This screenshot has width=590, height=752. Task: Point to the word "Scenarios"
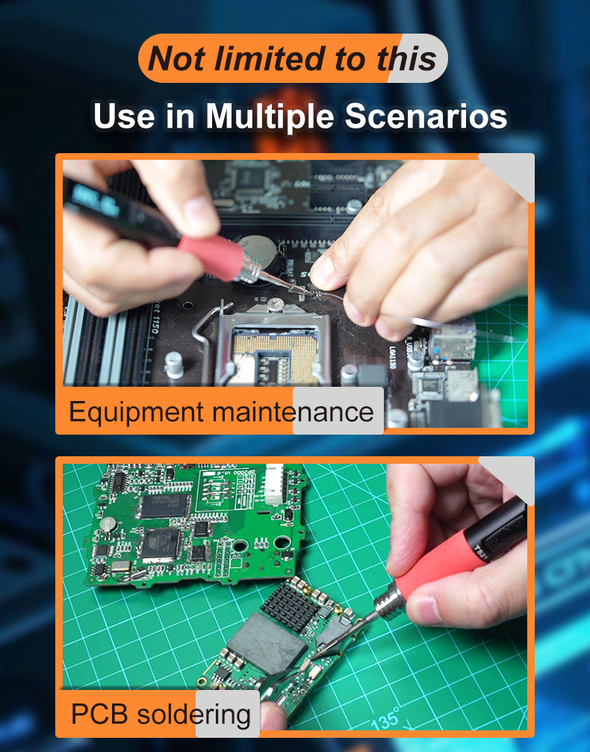coord(426,116)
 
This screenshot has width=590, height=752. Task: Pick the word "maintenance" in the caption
coord(293,412)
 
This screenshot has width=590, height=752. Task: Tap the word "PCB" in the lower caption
coord(99,714)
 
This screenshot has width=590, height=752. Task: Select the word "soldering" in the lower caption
coord(193,715)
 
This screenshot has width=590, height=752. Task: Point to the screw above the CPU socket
coord(275,304)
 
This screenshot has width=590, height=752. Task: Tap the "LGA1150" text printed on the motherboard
coord(392,357)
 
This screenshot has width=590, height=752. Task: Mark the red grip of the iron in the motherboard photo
coord(211,257)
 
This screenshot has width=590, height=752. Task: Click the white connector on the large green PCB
coord(274,485)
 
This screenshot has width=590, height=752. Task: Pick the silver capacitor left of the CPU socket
coord(174,365)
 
